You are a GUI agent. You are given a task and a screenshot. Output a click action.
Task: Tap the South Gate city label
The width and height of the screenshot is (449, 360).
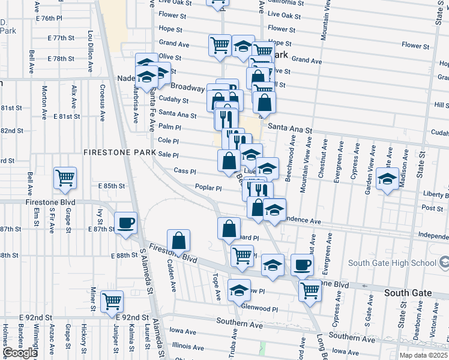[408, 293]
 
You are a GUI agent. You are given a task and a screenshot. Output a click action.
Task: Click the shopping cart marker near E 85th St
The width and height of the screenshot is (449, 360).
[65, 177]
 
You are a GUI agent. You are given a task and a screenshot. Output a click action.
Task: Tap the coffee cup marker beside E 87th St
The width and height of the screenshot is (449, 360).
[125, 223]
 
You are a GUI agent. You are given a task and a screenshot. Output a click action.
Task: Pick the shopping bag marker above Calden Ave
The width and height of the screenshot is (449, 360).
[179, 241]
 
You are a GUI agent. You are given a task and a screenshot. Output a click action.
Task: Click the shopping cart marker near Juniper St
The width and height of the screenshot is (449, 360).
[112, 302]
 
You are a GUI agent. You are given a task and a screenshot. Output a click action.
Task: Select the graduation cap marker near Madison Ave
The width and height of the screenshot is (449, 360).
[388, 178]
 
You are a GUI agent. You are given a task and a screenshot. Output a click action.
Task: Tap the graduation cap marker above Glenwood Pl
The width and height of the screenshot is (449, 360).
[239, 290]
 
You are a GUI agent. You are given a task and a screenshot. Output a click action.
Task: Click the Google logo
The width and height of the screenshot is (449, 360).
[20, 353]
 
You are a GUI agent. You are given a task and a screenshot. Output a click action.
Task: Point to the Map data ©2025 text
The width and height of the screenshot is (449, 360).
[422, 355]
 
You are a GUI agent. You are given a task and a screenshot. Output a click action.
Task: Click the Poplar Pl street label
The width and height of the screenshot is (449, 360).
[208, 188]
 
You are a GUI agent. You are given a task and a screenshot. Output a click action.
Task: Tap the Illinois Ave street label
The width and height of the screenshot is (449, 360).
[188, 346]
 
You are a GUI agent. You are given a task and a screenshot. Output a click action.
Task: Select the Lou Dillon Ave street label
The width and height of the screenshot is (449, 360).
[90, 48]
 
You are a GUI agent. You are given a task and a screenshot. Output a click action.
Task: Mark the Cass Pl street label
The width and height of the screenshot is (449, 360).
[184, 171]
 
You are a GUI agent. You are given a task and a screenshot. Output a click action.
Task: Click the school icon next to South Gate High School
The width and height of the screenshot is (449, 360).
[444, 263]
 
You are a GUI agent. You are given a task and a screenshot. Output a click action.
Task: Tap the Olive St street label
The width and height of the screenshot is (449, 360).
[170, 57]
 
